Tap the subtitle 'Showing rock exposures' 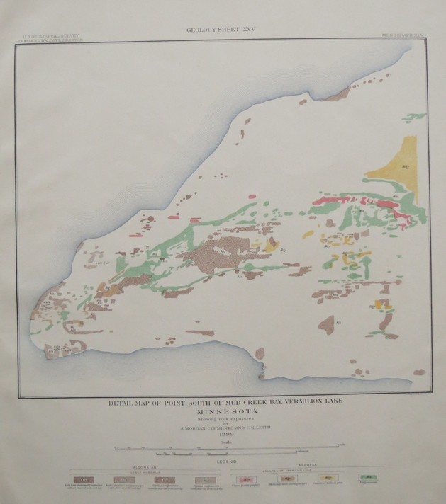pyautogui.click(x=223, y=418)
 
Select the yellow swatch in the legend pyautogui.click(x=324, y=480)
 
